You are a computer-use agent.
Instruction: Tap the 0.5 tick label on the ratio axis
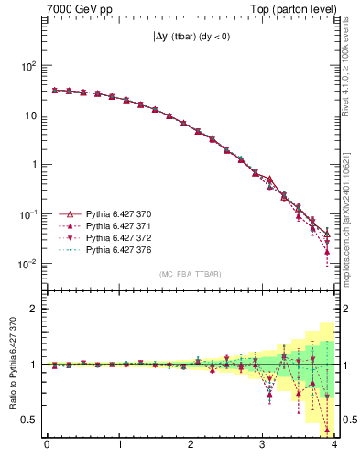coord(31,420)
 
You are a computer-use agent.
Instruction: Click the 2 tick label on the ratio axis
coord(36,309)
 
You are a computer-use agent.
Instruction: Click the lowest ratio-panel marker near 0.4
coord(327,429)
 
